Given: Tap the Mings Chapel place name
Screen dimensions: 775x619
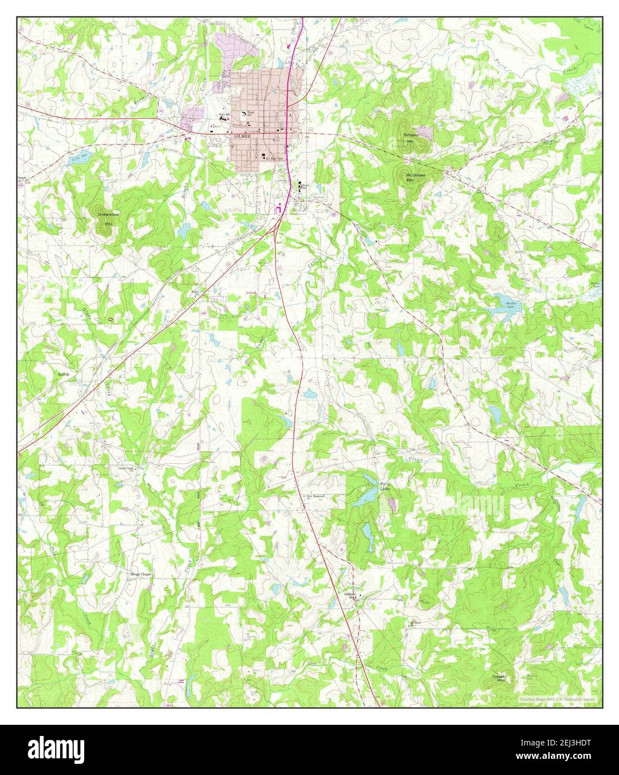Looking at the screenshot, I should [141, 574].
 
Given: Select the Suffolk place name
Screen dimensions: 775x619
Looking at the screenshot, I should [64, 374].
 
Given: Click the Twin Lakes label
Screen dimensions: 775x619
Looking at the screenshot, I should [385, 486].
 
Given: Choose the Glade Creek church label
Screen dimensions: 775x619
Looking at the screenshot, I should [125, 468].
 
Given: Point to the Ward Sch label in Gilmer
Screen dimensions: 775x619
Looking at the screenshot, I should [252, 113].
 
